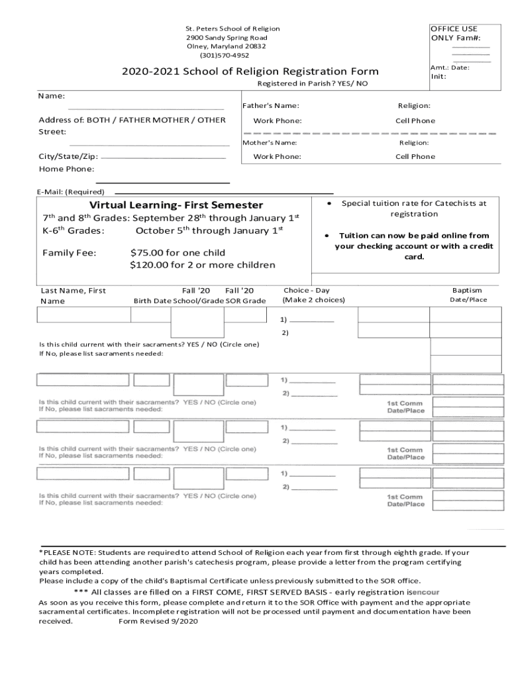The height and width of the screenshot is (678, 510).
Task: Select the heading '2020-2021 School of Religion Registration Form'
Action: coord(250,72)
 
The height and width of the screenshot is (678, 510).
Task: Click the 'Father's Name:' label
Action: coord(270,106)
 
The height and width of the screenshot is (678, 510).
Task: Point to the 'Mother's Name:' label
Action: coord(269,143)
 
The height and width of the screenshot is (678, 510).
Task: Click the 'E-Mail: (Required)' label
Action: coord(71,192)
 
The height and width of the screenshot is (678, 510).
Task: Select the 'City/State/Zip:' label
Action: coord(68,157)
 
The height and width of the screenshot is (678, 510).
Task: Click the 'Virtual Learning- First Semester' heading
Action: coord(176,205)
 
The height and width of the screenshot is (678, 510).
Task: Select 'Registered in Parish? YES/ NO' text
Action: coord(312,84)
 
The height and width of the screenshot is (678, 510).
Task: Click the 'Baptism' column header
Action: coord(467,291)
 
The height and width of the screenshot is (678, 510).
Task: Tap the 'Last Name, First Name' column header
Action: coord(73,295)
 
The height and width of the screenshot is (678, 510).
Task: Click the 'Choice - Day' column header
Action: coord(306,291)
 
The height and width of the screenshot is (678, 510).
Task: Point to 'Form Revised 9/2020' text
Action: coord(158,622)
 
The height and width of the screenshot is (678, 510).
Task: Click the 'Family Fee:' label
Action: coord(70,253)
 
